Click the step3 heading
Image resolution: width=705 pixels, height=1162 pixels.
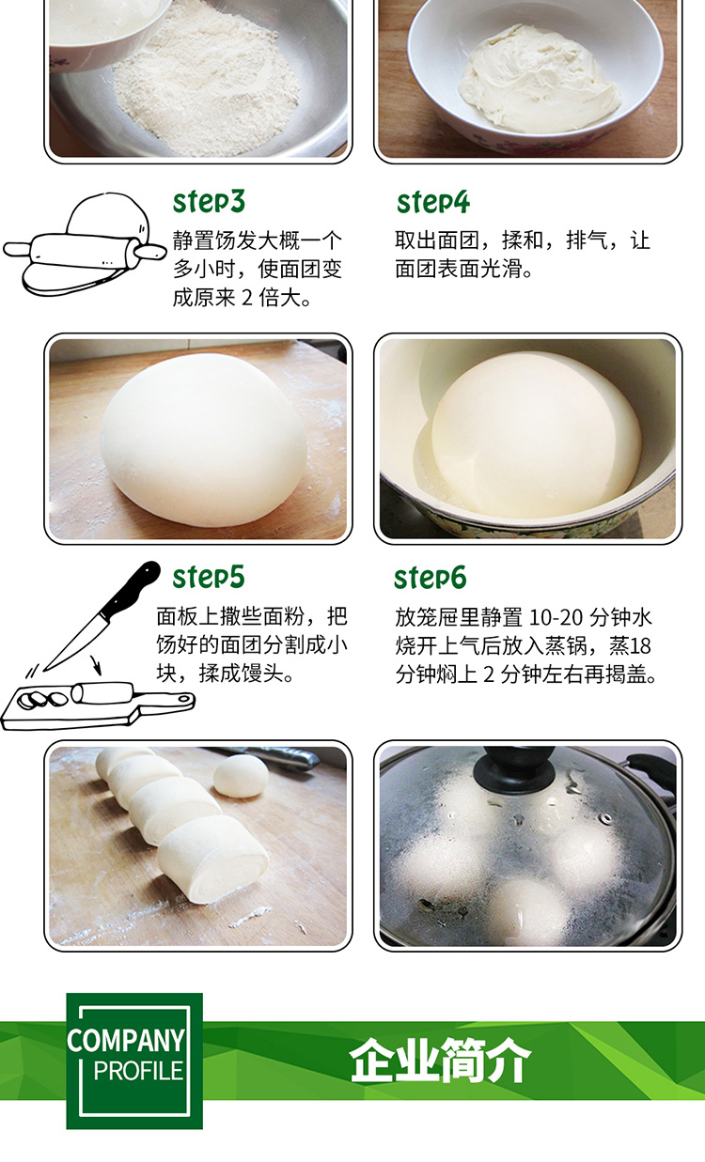(x=208, y=202)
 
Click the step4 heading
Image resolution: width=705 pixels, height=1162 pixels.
(x=433, y=202)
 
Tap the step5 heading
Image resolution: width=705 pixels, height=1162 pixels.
(x=208, y=578)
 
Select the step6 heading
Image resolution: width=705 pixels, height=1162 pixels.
(x=430, y=578)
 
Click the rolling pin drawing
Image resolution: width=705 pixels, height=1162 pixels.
(x=83, y=253)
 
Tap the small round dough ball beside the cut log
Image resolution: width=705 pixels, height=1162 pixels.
(x=241, y=776)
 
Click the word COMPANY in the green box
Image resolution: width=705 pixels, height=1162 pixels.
(x=126, y=1040)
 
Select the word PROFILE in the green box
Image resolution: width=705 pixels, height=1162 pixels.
(x=138, y=1071)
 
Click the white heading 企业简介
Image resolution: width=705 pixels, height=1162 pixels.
(x=440, y=1061)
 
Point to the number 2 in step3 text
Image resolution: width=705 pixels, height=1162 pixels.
(x=247, y=299)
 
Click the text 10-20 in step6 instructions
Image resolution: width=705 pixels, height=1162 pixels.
(x=556, y=618)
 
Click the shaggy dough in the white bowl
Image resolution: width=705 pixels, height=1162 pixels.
(x=539, y=79)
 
